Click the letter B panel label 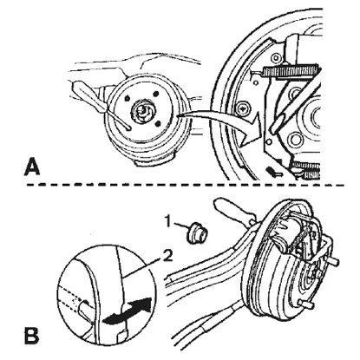click(x=31, y=335)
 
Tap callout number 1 click(x=168, y=221)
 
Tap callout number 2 click(x=167, y=256)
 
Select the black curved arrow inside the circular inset click(x=128, y=311)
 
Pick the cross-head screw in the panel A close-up click(x=243, y=109)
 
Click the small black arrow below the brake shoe click(x=273, y=171)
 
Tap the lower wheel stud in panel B click(x=306, y=303)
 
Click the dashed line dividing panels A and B click(x=185, y=184)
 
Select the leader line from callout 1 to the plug click(x=181, y=226)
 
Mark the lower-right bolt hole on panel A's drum click(x=158, y=124)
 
